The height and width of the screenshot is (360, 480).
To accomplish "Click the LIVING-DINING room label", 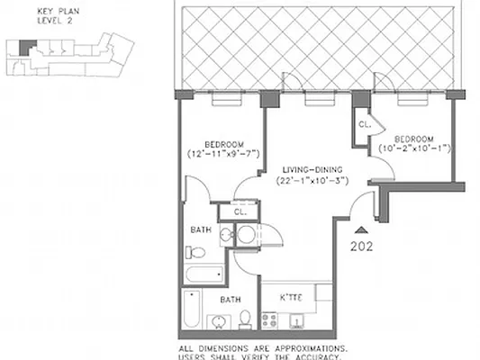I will click(312, 169).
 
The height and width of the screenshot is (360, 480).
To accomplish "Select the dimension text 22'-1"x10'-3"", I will click(312, 181).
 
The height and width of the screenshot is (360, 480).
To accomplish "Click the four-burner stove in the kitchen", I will click(268, 318).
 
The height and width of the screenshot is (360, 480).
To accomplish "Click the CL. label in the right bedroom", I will click(364, 125).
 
